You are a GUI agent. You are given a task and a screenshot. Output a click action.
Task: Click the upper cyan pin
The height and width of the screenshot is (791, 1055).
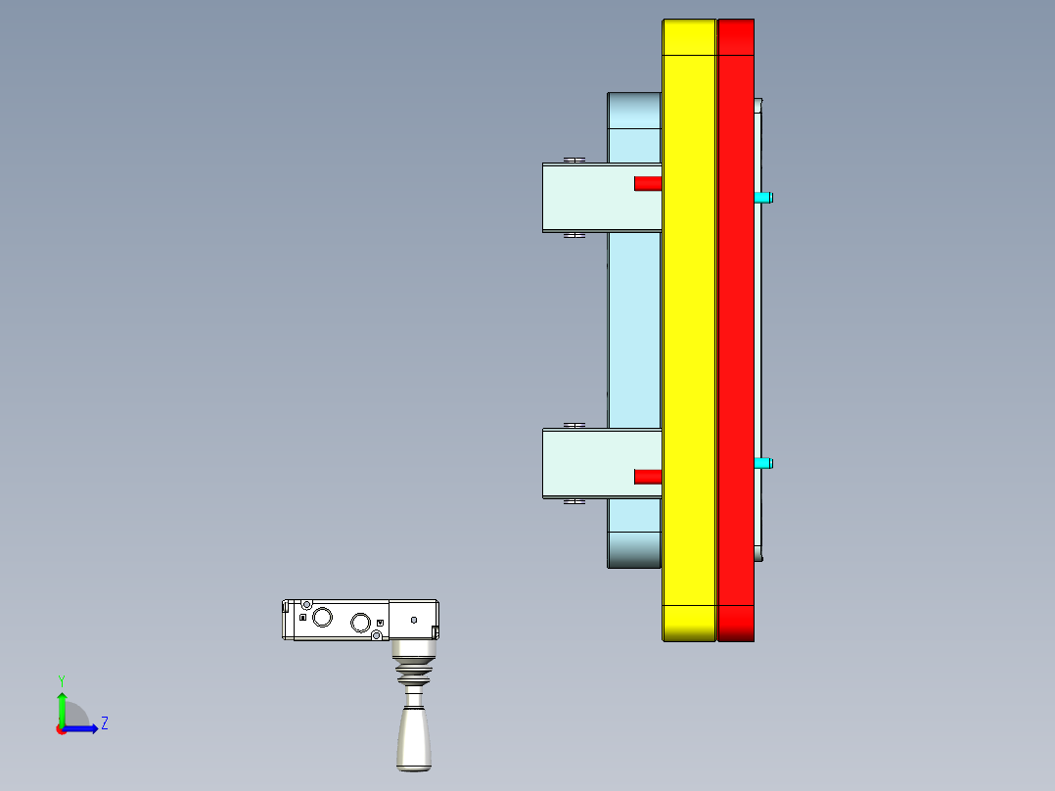(x=763, y=198)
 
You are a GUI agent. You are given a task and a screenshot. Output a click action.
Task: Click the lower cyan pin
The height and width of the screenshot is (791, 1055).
(x=763, y=463)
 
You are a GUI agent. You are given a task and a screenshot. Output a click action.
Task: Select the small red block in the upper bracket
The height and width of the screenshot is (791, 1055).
(x=647, y=183)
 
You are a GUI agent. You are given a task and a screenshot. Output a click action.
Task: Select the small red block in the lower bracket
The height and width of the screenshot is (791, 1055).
(x=647, y=477)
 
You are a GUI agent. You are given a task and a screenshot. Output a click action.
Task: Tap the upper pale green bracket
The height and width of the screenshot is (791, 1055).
(x=587, y=198)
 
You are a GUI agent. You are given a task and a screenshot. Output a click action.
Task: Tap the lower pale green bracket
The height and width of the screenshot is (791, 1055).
(x=587, y=463)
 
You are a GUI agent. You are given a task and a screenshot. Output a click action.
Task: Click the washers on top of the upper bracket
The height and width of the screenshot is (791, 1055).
(x=574, y=160)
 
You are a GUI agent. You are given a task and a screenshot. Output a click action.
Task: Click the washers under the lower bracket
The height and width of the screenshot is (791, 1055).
(x=574, y=501)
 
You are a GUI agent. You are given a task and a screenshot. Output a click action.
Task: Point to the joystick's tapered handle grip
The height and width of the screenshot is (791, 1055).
(x=413, y=736)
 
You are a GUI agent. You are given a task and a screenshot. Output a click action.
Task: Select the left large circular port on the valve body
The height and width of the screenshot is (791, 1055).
(x=322, y=617)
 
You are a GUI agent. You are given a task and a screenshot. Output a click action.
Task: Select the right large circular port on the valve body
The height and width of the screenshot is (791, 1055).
(x=360, y=623)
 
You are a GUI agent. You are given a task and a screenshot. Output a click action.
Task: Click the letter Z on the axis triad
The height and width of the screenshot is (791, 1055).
(x=104, y=723)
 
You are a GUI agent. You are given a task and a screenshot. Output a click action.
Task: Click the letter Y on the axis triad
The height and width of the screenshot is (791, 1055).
(x=61, y=680)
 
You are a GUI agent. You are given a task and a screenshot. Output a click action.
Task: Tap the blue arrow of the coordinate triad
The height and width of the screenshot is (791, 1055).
(x=83, y=728)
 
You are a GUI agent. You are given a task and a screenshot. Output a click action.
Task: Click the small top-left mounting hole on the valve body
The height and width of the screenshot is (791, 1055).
(x=306, y=604)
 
